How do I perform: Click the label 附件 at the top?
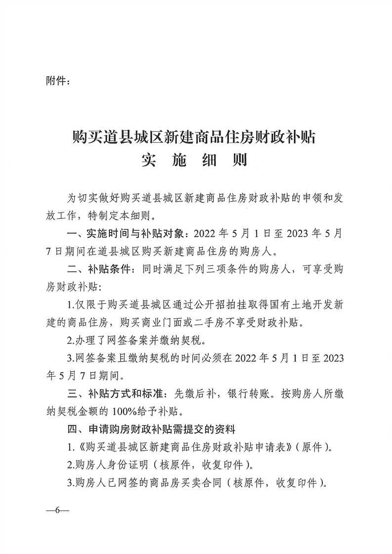tap(55, 80)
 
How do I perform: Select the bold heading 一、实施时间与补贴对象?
tap(125, 233)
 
